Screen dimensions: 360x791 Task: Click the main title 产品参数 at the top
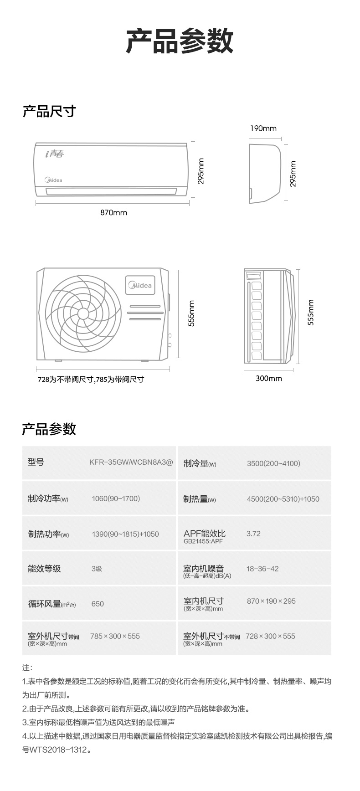coord(180,41)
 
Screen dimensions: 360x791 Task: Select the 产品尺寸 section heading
coord(49,111)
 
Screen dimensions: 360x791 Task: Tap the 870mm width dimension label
coord(113,212)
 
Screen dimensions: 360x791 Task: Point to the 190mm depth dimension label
coord(263,128)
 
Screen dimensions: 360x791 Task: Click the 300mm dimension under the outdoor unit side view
coord(268,378)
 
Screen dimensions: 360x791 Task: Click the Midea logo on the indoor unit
coord(53,180)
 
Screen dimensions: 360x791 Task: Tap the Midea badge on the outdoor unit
coord(141,285)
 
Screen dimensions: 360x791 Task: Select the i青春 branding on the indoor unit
coord(55,154)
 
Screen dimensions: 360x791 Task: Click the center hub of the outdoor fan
coord(83,313)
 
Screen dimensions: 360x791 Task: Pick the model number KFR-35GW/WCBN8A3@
coord(131,462)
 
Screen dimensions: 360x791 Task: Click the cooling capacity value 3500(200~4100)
coord(273,463)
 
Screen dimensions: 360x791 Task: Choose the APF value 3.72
coord(253,534)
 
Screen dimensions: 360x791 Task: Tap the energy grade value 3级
coord(97,569)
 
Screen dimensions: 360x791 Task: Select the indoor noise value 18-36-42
coord(262,569)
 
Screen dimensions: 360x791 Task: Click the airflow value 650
coord(98,604)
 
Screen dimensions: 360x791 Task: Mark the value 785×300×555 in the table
coord(115,636)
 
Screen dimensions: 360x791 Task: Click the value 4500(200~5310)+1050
coord(283,499)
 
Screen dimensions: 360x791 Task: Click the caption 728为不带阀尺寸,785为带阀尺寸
coord(91,379)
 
